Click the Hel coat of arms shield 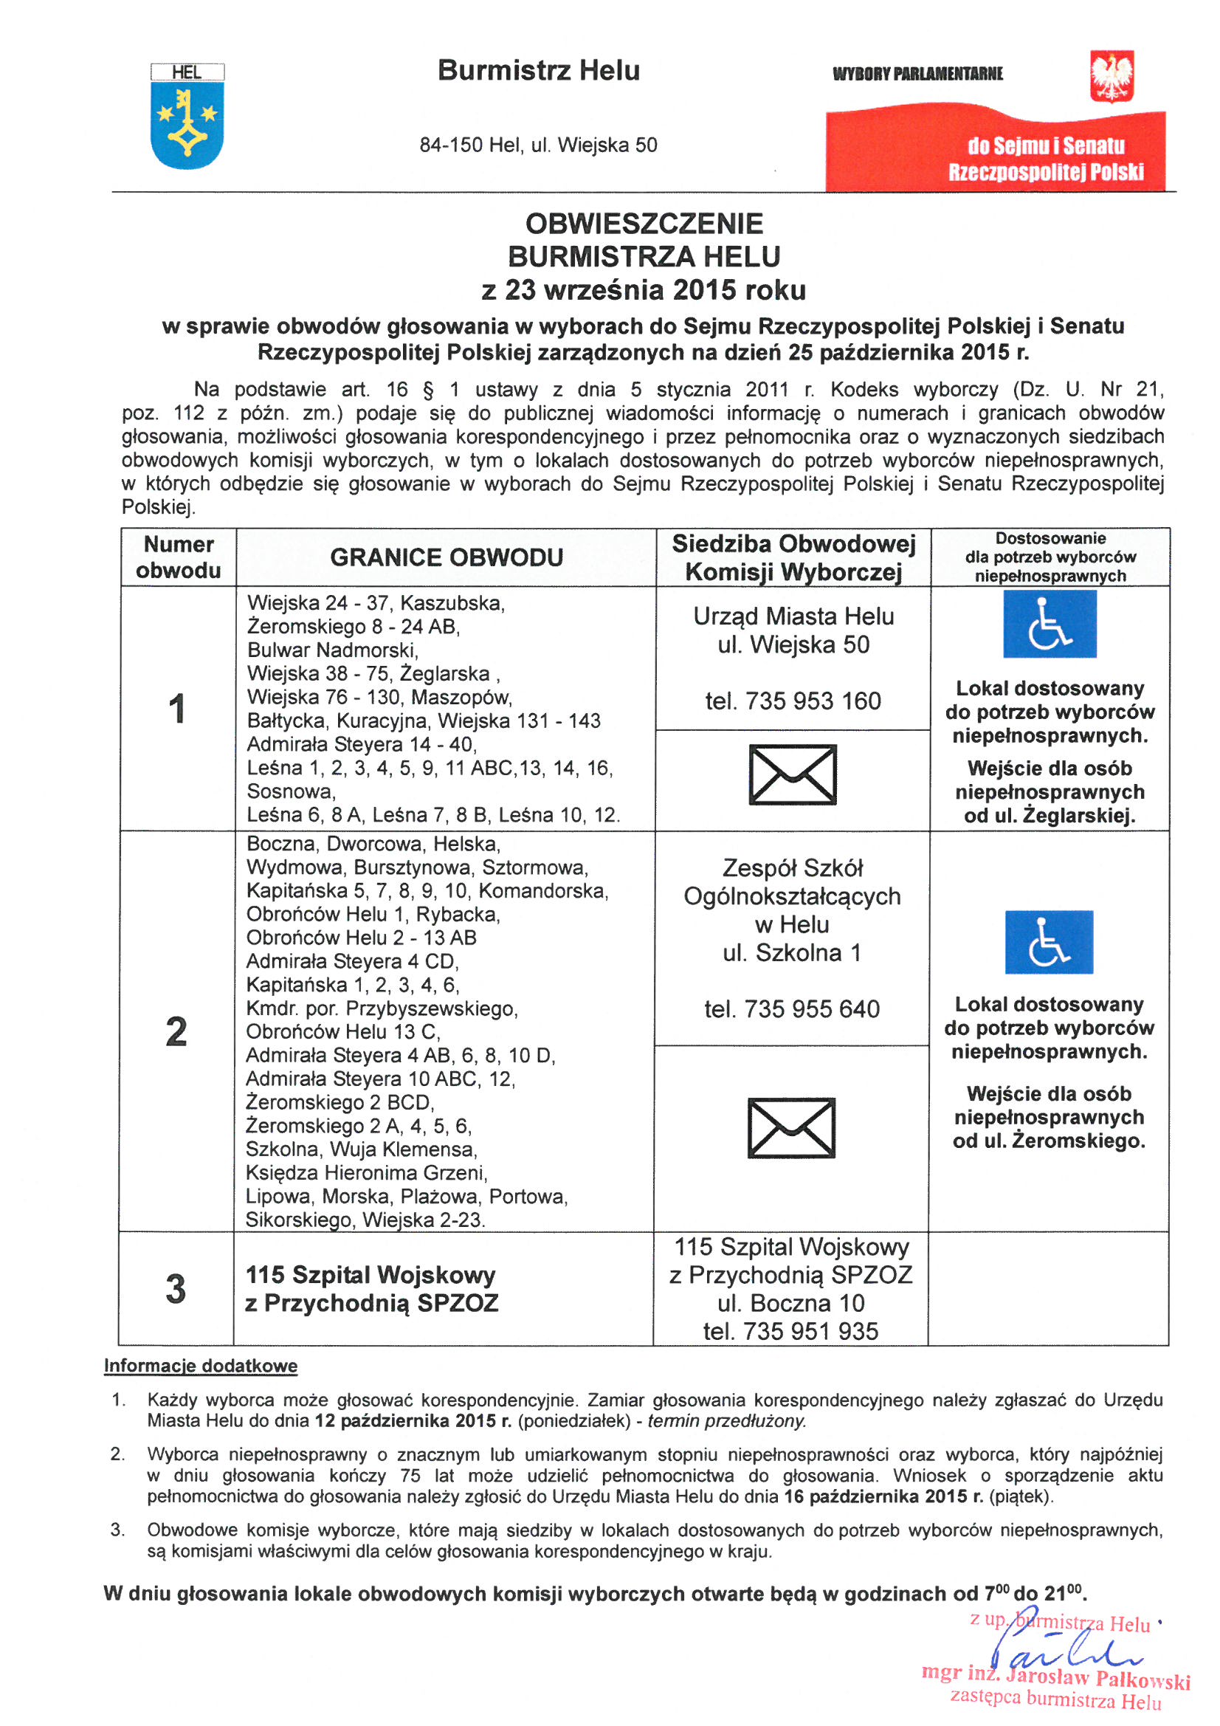pos(187,124)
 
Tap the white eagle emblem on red pos(1112,77)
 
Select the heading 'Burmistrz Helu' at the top pos(538,71)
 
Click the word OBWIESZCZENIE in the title pos(644,224)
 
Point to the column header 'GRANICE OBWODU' pos(447,558)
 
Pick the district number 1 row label pos(177,709)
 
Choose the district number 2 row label pos(176,1031)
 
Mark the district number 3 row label pos(176,1288)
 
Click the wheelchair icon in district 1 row pos(1050,624)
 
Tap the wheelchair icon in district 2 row pos(1049,942)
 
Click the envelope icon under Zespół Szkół pos(790,1127)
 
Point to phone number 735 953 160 pos(793,701)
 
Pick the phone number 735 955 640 pos(791,1009)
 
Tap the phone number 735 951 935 pos(790,1331)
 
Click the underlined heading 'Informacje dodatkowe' pos(201,1366)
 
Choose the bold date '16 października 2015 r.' pos(883,1496)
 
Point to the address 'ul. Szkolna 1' pos(791,953)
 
